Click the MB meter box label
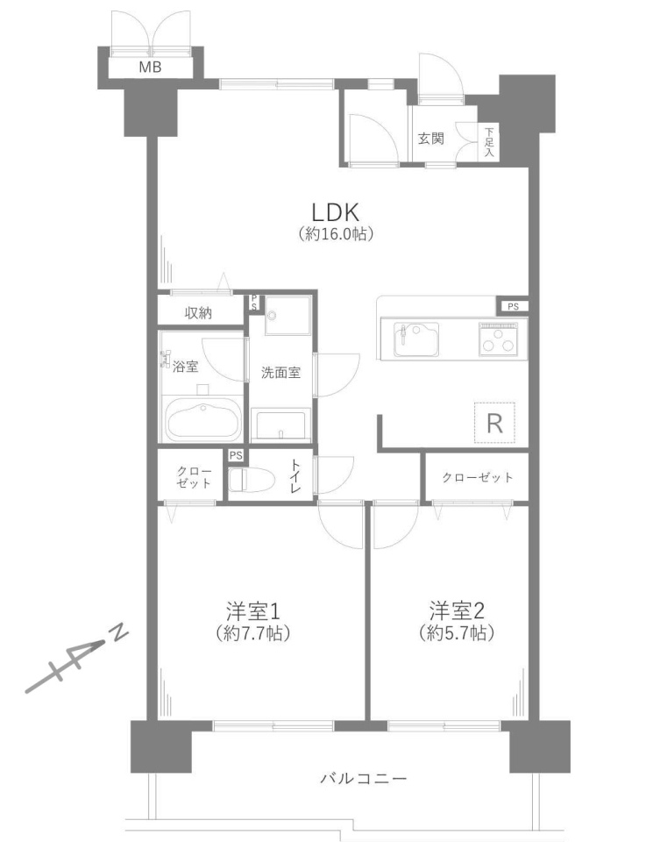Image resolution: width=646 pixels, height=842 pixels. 150,68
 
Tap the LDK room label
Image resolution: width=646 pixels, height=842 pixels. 336,213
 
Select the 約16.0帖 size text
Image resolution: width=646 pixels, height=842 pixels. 336,234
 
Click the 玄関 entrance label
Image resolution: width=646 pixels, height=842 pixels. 431,139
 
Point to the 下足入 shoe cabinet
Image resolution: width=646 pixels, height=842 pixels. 489,142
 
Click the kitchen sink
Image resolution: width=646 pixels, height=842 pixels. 416,339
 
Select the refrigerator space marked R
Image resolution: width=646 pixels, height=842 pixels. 494,423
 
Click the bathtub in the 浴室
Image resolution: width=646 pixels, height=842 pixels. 202,421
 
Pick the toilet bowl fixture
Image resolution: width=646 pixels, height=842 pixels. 251,479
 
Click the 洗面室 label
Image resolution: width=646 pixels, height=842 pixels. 280,372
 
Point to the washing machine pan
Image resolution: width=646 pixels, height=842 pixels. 288,318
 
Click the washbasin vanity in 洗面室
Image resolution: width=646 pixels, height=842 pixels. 281,425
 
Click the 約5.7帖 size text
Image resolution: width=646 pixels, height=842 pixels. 457,633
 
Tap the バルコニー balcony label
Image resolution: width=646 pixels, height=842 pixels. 364,778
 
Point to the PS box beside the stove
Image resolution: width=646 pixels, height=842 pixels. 513,307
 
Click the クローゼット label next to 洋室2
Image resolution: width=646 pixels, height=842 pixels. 477,477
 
